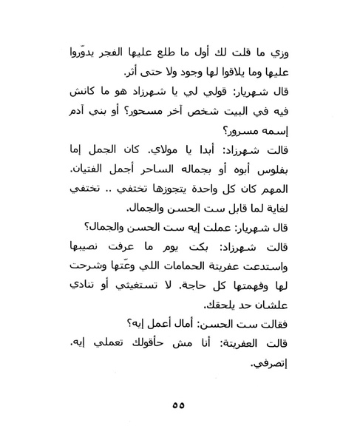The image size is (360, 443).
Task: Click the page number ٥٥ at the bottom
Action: (180, 424)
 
